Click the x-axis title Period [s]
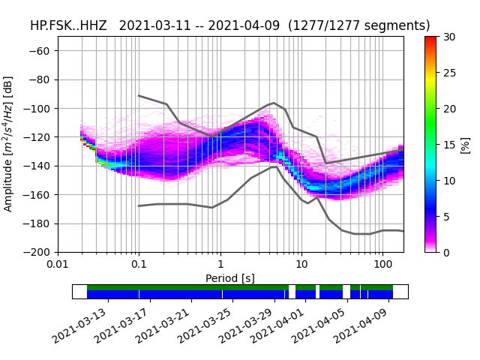pos(230,278)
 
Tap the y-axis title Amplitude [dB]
pos(9,144)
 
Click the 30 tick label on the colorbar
pos(449,37)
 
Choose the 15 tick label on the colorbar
pos(449,145)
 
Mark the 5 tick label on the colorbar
pos(447,217)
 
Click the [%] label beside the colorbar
pos(466,145)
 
